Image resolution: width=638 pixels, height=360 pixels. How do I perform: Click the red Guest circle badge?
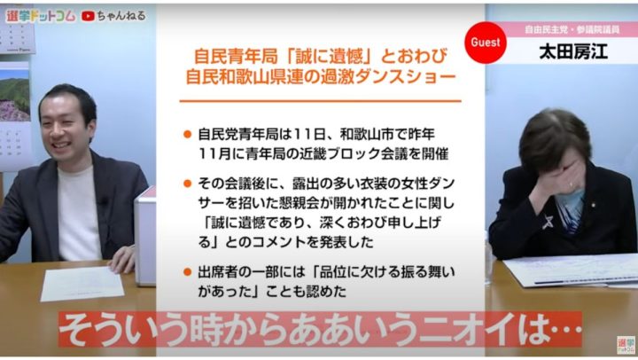pyautogui.click(x=486, y=43)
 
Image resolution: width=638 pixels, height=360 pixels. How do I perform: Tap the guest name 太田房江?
pyautogui.click(x=573, y=52)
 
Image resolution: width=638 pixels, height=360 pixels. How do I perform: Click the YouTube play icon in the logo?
pyautogui.click(x=88, y=16)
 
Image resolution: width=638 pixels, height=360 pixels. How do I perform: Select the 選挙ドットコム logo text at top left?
pyautogui.click(x=41, y=16)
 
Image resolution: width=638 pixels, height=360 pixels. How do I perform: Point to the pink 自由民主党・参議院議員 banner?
pyautogui.click(x=572, y=29)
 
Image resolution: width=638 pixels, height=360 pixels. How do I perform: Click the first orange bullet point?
pyautogui.click(x=187, y=135)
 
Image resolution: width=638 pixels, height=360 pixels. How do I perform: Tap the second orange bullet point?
pyautogui.click(x=187, y=184)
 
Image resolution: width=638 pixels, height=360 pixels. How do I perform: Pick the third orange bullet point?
pyautogui.click(x=187, y=271)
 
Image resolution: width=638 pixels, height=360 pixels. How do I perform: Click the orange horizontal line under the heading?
pyautogui.click(x=320, y=100)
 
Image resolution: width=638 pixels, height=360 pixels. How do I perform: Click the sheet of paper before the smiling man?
pyautogui.click(x=82, y=284)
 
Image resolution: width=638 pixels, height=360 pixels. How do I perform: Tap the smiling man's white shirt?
pyautogui.click(x=79, y=213)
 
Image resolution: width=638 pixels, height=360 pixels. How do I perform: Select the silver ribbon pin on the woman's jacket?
pyautogui.click(x=548, y=221)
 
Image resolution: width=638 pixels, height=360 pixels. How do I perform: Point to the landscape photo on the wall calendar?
pyautogui.click(x=15, y=95)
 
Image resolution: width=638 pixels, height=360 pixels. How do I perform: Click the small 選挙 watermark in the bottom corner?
pyautogui.click(x=626, y=345)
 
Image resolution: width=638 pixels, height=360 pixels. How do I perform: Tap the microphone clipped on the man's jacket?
pyautogui.click(x=105, y=200)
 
